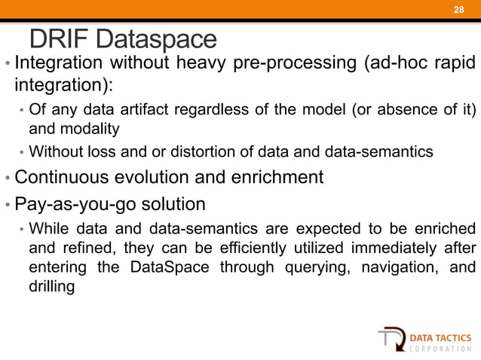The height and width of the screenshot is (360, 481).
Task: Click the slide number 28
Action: [457, 9]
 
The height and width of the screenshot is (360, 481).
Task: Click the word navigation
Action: [397, 268]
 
